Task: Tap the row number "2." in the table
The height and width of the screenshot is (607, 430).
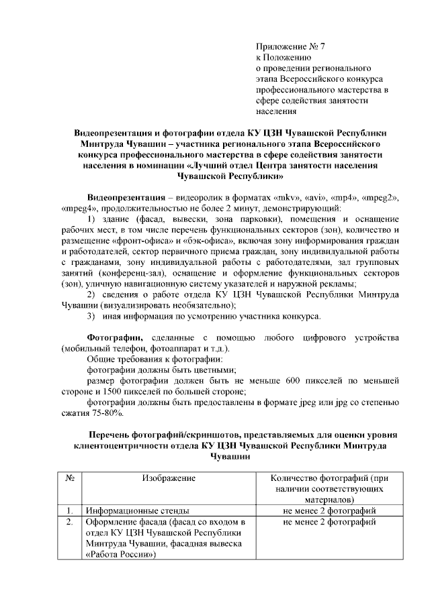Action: (69, 522)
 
